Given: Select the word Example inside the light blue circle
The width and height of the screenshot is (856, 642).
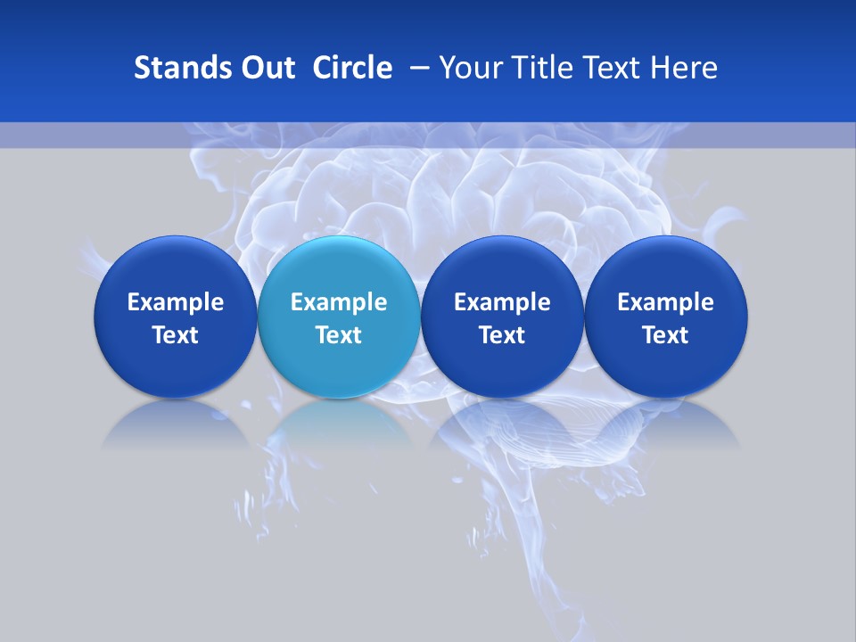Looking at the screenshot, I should tap(339, 302).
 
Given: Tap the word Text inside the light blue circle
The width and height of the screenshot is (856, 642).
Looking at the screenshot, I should tap(339, 335).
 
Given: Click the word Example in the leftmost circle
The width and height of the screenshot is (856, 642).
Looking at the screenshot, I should tap(176, 302).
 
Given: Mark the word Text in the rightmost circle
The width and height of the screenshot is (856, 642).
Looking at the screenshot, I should tap(666, 335).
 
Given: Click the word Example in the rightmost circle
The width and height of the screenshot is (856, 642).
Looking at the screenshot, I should tap(666, 302).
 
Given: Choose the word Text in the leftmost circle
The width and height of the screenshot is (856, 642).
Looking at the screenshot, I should tap(176, 335).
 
